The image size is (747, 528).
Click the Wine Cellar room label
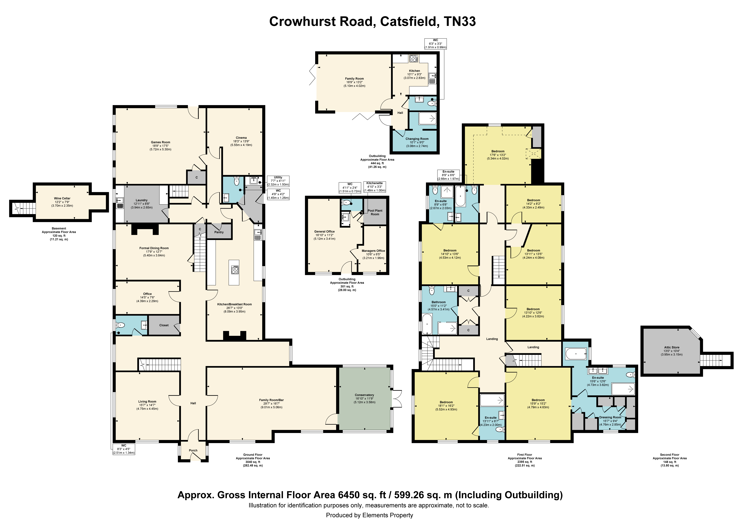tap(62, 198)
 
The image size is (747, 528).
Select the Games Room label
tap(160, 142)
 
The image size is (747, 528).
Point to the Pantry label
tap(219, 232)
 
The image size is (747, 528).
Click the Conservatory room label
tap(364, 395)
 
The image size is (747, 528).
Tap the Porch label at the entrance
tap(193, 451)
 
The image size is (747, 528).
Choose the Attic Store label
tap(672, 347)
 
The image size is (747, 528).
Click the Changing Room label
tap(417, 139)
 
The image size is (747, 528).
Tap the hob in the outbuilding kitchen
tap(414, 59)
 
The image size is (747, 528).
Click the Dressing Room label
tap(610, 417)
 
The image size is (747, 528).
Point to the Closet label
tap(164, 325)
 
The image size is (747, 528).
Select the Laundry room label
tap(142, 200)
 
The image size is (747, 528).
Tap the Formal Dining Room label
tap(154, 248)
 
